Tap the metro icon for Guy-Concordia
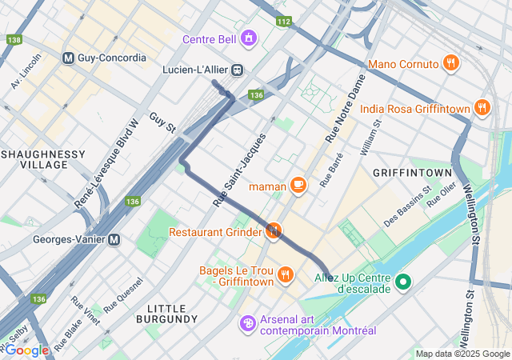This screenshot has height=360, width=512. (68, 58)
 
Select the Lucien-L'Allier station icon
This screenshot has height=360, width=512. (238, 70)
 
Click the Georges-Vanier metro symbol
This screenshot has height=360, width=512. (114, 238)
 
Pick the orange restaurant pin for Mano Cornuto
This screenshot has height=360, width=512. (451, 63)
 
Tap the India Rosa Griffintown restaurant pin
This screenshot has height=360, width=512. (482, 108)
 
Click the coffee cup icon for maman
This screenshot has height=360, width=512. (298, 186)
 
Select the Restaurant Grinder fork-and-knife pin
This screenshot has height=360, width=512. (274, 231)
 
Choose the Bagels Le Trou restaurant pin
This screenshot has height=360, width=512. (285, 275)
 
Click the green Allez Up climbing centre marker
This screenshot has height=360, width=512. (404, 282)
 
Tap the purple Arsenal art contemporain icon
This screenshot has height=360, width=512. (248, 323)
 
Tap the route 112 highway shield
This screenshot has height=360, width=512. (282, 21)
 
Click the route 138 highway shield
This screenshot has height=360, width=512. (13, 39)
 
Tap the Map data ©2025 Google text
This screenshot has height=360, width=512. (462, 354)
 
